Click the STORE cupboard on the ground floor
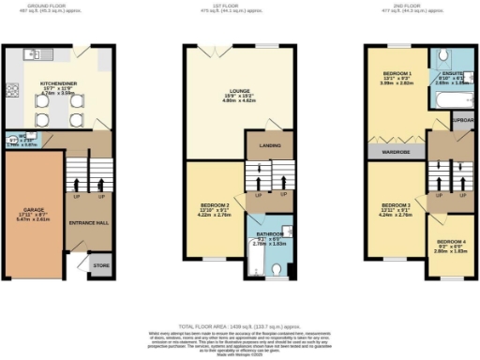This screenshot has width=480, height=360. (x=101, y=265)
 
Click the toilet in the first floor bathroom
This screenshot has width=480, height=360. (x=273, y=269)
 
